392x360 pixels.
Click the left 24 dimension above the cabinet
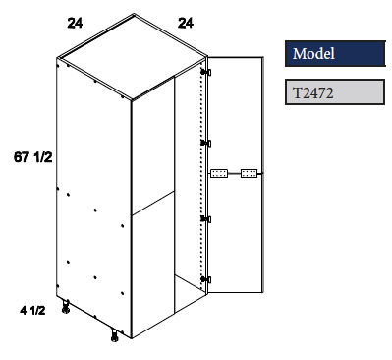[75, 22]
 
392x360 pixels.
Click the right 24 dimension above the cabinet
[182, 22]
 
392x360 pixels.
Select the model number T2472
[311, 93]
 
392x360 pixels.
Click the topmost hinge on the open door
[206, 72]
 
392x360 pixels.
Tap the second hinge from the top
[206, 144]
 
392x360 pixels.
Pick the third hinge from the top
[206, 217]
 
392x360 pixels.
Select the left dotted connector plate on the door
[219, 174]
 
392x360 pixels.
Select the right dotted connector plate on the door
[249, 174]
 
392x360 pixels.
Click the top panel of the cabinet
[133, 61]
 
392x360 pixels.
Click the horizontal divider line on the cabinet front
[151, 208]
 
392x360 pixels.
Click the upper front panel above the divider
[152, 148]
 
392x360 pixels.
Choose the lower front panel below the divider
[152, 266]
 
